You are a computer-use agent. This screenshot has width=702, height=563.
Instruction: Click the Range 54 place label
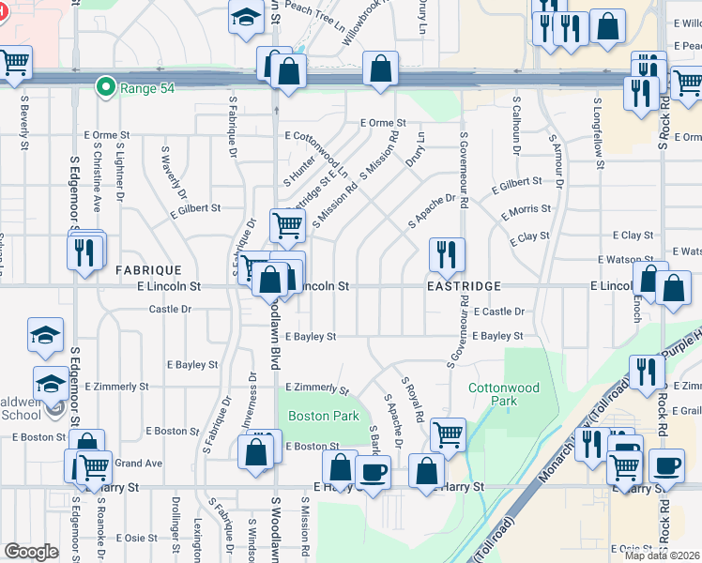coord(148,88)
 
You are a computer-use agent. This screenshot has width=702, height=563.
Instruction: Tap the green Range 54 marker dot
coord(109,88)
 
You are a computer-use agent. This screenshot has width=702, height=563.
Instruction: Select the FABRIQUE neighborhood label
coord(148,269)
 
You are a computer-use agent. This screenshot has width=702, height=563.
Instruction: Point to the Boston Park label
coord(311,417)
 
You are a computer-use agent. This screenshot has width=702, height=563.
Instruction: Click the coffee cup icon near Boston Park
coord(374,471)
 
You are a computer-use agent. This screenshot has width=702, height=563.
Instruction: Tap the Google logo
coord(31,552)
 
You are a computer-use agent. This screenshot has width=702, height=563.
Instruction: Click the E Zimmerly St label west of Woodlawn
coord(116,386)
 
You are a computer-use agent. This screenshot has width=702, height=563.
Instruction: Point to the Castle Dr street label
coord(170,309)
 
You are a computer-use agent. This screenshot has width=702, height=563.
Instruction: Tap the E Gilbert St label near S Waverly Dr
coord(195,208)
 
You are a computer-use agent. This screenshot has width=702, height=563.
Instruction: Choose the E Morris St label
coord(526,215)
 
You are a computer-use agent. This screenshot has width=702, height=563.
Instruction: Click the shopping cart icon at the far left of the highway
coord(14,64)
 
